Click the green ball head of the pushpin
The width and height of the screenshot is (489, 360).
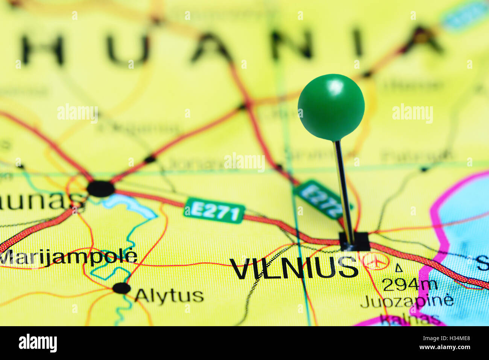click(x=331, y=107)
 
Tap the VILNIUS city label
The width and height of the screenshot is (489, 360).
click(x=294, y=268)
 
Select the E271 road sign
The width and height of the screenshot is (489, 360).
click(x=214, y=211)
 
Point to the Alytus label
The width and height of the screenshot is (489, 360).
click(x=169, y=296)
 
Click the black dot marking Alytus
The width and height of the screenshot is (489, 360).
click(x=121, y=288)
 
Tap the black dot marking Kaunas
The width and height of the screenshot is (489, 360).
click(x=100, y=189)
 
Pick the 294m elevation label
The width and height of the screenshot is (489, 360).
click(x=410, y=285)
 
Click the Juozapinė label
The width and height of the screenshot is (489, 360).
click(x=407, y=301)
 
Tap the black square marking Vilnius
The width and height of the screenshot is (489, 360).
click(x=354, y=242)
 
